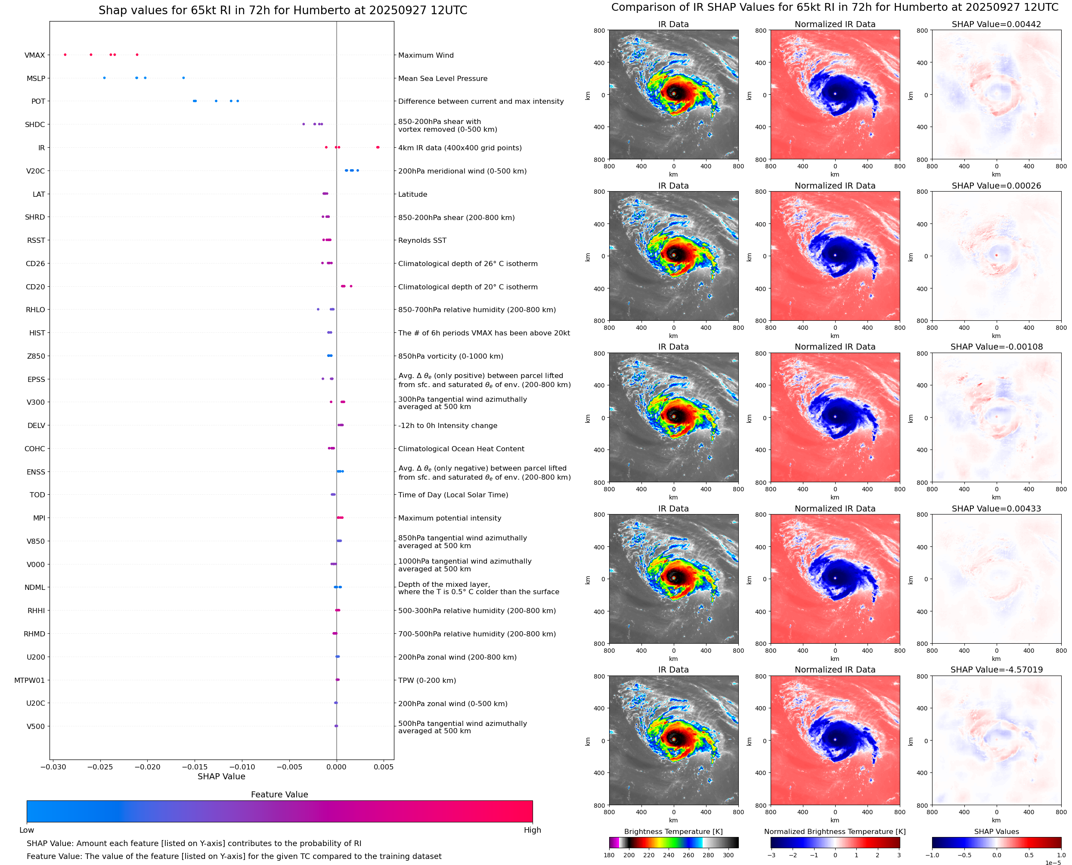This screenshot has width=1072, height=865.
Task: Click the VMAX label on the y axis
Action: tap(34, 55)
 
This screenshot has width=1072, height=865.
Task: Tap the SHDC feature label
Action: tap(35, 124)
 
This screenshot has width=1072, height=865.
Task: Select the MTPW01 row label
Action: tap(29, 680)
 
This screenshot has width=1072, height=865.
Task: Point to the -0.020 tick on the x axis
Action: tap(147, 767)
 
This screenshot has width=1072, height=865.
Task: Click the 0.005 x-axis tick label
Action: tap(383, 767)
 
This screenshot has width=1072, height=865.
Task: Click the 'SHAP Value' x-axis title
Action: tap(221, 776)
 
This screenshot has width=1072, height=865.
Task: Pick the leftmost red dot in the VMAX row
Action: tap(65, 55)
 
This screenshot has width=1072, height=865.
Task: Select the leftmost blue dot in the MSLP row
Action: tap(104, 78)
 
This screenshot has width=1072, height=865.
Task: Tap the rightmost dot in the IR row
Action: tap(378, 147)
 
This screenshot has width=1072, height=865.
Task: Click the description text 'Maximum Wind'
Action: tap(425, 55)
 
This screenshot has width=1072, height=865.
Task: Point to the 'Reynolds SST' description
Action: tap(422, 240)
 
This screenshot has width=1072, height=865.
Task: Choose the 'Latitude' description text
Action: tap(412, 194)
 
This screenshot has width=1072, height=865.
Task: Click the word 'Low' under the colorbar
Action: tap(26, 830)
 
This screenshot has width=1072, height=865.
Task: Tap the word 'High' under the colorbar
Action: tap(532, 830)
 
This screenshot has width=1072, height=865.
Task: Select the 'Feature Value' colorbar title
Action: tap(279, 795)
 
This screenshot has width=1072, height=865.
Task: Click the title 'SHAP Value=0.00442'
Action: tap(996, 25)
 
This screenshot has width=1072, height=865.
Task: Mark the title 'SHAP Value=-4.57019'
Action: tap(996, 670)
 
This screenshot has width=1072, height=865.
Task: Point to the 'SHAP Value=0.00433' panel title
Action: tap(996, 509)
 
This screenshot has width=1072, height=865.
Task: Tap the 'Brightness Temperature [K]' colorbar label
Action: tap(673, 831)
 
